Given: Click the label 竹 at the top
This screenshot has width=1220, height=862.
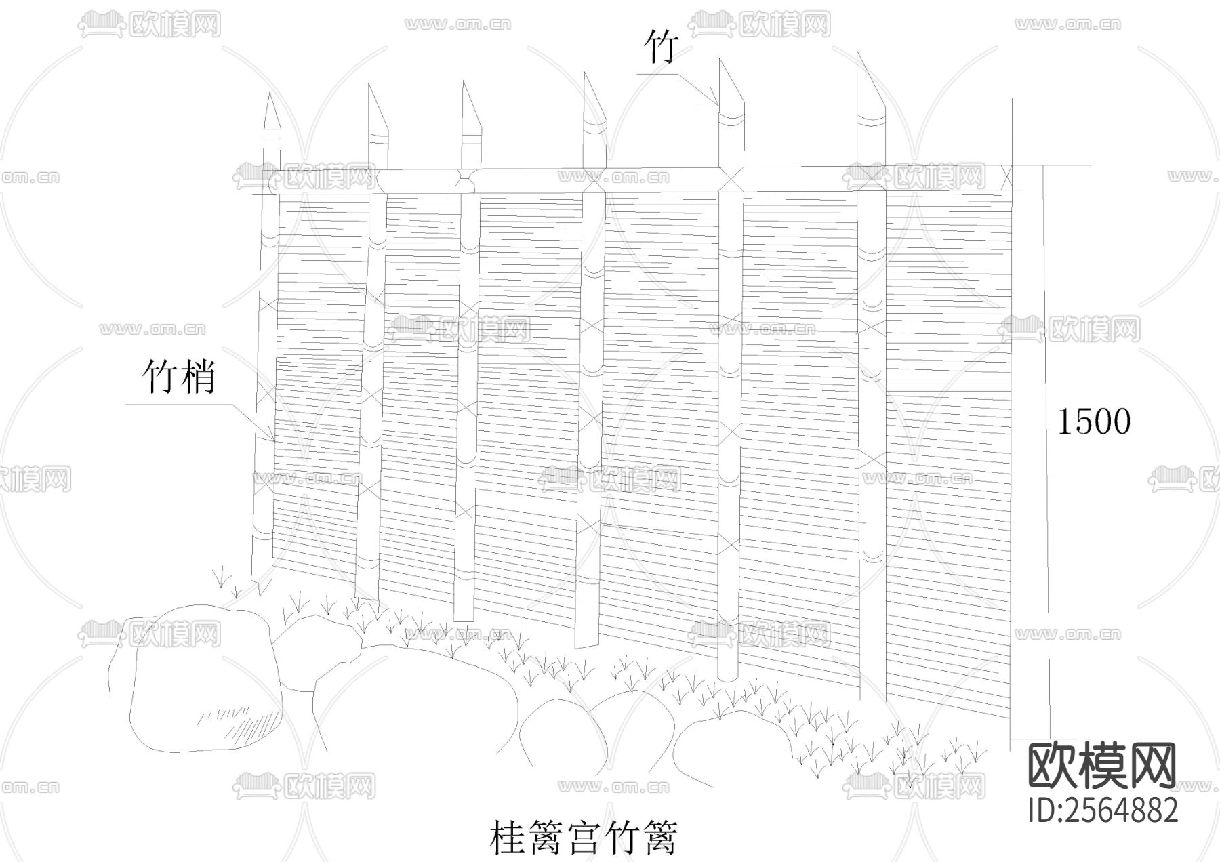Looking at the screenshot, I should click(x=661, y=46).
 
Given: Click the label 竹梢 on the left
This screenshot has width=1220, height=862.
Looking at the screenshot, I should click(x=179, y=377).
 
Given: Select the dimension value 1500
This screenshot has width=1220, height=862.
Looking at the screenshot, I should click(x=1094, y=422).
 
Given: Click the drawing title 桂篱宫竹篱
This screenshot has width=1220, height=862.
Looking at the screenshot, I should click(x=583, y=838).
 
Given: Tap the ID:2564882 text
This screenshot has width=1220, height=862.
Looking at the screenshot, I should click(x=1103, y=810).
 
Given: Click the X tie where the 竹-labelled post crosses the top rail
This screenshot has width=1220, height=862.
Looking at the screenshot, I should click(x=731, y=180).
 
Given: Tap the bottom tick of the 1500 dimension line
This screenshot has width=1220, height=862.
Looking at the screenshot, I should click(x=1044, y=738).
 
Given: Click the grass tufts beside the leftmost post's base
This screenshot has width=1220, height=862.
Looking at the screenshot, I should click(x=227, y=583).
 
